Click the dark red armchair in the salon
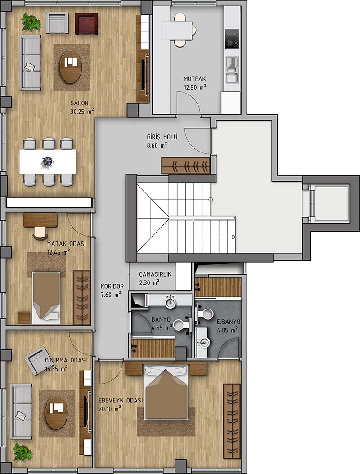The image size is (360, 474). pyautogui.click(x=86, y=23)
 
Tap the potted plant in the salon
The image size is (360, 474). pyautogui.click(x=31, y=22)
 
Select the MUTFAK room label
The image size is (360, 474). pyautogui.click(x=195, y=79)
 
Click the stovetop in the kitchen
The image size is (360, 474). pyautogui.click(x=232, y=39)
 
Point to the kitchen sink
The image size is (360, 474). pyautogui.click(x=232, y=70)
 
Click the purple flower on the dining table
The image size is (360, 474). pyautogui.click(x=48, y=161)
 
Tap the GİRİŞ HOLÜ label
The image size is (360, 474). pyautogui.click(x=162, y=137)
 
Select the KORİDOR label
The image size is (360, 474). pyautogui.click(x=112, y=286)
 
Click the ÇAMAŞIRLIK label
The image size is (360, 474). pyautogui.click(x=155, y=274)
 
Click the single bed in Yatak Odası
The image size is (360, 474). pyautogui.click(x=46, y=298)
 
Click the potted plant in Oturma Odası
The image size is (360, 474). pyautogui.click(x=22, y=452)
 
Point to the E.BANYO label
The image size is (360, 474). pyautogui.click(x=229, y=322)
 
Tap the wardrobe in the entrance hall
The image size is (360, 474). pyautogui.click(x=185, y=165)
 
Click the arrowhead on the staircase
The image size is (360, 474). pyautogui.click(x=234, y=237)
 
